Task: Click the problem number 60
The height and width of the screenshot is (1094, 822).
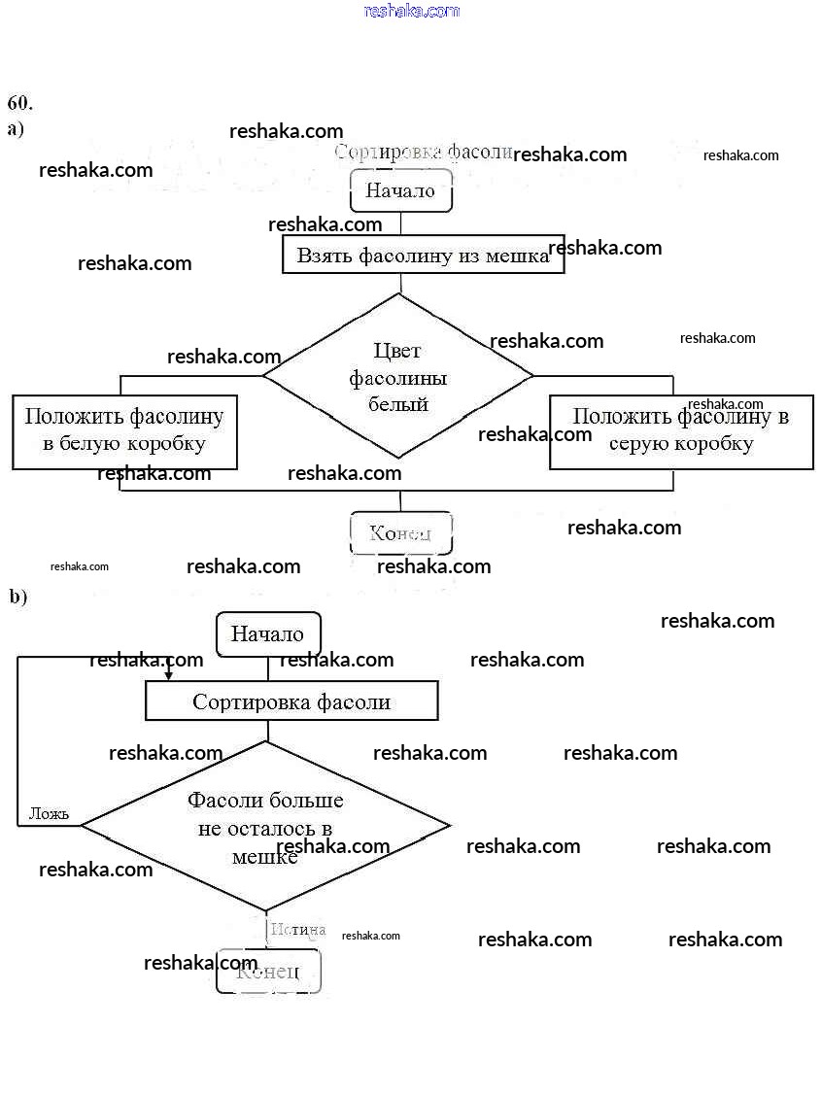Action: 20,103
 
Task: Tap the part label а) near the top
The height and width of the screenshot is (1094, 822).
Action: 16,128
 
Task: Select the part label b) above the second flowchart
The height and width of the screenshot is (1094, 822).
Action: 18,598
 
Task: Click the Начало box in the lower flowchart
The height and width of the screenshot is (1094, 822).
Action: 267,633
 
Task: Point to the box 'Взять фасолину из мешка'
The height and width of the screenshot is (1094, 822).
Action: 423,255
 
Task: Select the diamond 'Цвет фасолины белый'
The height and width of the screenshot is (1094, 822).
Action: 398,376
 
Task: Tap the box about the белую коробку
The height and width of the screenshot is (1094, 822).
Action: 124,430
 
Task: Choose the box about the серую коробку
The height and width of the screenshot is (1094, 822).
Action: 680,430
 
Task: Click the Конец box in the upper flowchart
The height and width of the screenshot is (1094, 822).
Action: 399,532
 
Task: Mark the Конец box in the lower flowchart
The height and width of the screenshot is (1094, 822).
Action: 268,971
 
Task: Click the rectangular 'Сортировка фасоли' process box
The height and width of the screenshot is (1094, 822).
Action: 291,701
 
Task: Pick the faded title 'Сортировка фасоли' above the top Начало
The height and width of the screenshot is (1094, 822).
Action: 423,153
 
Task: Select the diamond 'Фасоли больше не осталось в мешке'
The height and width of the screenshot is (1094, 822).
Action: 265,827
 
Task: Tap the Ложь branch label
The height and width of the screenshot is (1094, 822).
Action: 49,813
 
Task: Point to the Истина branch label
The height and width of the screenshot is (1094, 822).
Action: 297,930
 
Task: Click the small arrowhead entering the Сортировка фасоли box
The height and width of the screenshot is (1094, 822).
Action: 168,674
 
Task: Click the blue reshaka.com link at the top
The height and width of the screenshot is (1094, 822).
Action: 411,11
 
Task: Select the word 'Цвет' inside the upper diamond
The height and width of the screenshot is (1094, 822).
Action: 397,351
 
